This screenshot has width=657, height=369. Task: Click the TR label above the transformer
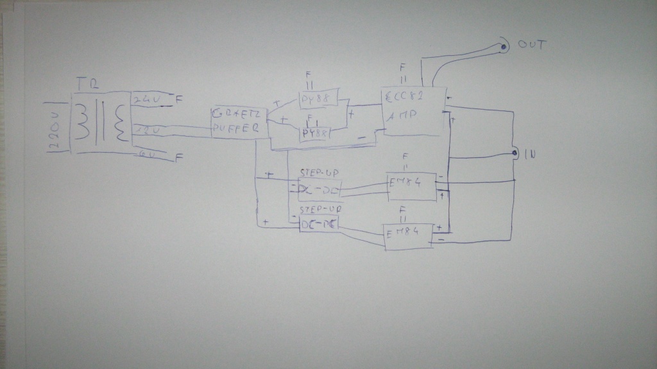click(83, 84)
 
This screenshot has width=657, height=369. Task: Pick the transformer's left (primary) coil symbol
click(83, 122)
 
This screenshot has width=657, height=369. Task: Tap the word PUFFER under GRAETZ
click(237, 128)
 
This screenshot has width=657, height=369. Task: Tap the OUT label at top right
click(532, 44)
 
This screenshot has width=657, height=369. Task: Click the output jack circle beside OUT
click(504, 46)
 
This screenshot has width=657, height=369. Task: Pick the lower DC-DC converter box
click(319, 223)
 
